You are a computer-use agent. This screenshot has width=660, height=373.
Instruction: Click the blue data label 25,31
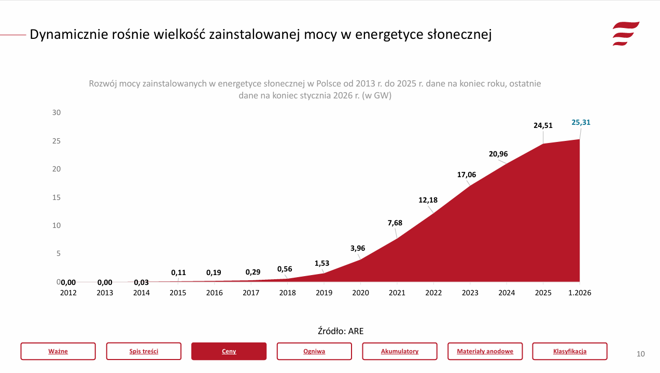[581, 123]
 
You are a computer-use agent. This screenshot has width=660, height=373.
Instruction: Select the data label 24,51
[543, 125]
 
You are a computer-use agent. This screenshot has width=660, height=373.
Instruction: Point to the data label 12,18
[428, 200]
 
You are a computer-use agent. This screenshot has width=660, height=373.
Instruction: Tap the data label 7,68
[395, 223]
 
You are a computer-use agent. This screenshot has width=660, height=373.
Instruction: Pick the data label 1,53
[321, 263]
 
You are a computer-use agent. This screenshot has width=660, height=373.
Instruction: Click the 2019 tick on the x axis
[324, 293]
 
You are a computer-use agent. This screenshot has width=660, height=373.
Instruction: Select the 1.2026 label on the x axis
[580, 293]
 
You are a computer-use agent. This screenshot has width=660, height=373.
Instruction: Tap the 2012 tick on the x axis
[68, 293]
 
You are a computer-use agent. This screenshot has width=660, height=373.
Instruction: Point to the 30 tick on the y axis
[57, 113]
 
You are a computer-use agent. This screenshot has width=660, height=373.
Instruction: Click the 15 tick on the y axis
[57, 197]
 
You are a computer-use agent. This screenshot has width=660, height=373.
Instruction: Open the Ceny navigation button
[229, 351]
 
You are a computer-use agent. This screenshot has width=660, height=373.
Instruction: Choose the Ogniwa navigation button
[314, 351]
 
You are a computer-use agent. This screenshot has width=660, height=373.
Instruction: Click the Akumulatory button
[399, 351]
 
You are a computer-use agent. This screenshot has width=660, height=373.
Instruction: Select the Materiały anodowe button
[485, 351]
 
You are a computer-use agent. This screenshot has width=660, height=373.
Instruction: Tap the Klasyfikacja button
[569, 351]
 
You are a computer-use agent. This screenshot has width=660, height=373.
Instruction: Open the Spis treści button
[144, 351]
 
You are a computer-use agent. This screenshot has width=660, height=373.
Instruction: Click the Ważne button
[58, 351]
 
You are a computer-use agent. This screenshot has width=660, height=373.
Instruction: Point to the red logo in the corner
[625, 34]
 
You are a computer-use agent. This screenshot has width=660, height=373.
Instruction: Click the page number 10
[641, 354]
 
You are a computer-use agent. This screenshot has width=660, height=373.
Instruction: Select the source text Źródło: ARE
[341, 331]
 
